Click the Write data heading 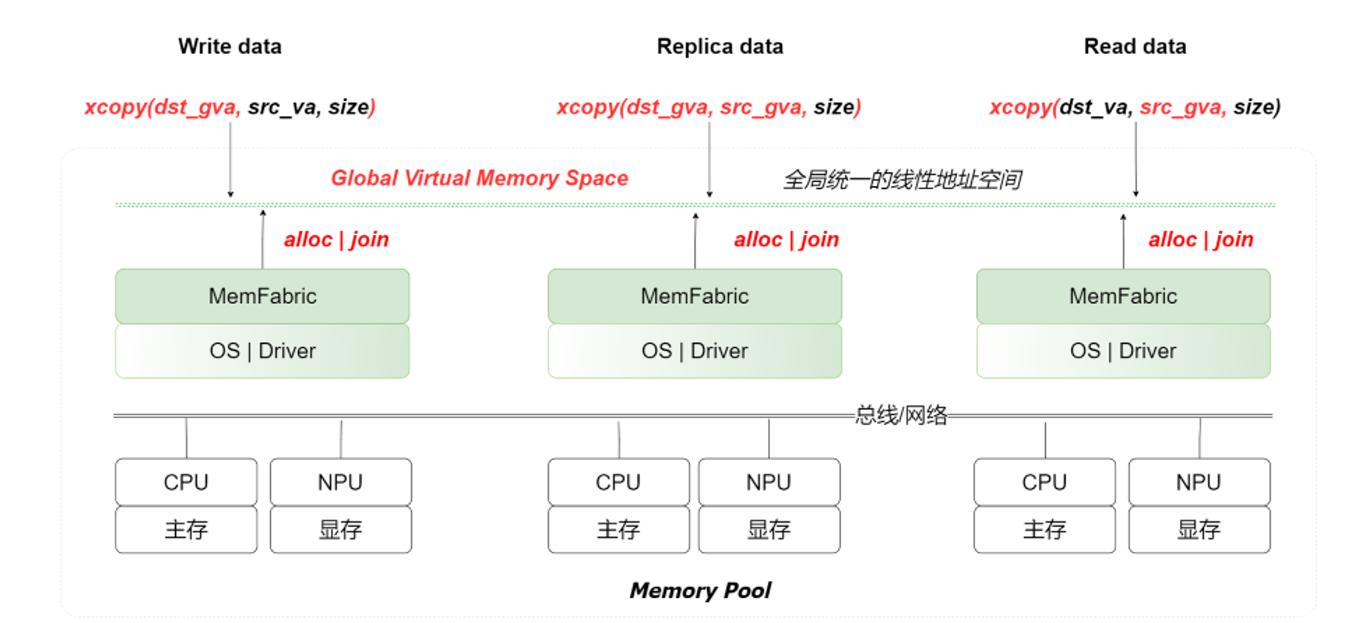coord(230,46)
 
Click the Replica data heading coord(720,46)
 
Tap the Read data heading coord(1135,46)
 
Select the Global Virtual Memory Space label coord(479,178)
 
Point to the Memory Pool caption coord(700,590)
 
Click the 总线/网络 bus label coord(901,414)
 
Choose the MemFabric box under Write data coord(262,296)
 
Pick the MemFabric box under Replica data coord(694,296)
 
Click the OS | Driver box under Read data coord(1123,350)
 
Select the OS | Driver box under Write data coord(262,350)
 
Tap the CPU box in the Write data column coord(186,482)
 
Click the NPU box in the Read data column coord(1198,482)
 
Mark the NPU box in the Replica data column coord(768,482)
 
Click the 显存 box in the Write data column coord(340,529)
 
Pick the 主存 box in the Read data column coord(1044,529)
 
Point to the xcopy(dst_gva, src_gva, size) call coord(709,107)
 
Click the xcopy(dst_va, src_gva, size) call coord(1135,107)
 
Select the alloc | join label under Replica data coord(786,239)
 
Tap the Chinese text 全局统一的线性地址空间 coord(902,180)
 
